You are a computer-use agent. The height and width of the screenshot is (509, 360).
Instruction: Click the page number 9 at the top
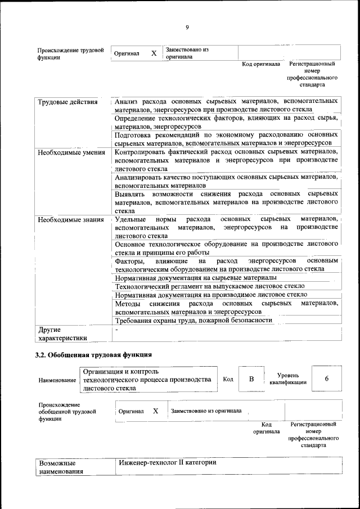187,28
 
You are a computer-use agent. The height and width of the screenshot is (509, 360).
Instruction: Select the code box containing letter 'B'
252,379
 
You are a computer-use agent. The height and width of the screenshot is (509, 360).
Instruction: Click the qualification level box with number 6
326,379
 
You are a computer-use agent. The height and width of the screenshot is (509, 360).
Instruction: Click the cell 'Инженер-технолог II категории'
167,462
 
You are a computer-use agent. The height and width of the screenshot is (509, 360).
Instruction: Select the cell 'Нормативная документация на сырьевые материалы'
195,278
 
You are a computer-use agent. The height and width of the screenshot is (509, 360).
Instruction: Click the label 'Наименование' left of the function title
57,380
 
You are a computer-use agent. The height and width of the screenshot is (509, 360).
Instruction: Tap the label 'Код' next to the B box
228,379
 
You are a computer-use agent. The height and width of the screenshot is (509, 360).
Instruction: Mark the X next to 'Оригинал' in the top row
154,53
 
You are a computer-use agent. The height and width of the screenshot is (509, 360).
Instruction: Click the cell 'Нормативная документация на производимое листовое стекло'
210,295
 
